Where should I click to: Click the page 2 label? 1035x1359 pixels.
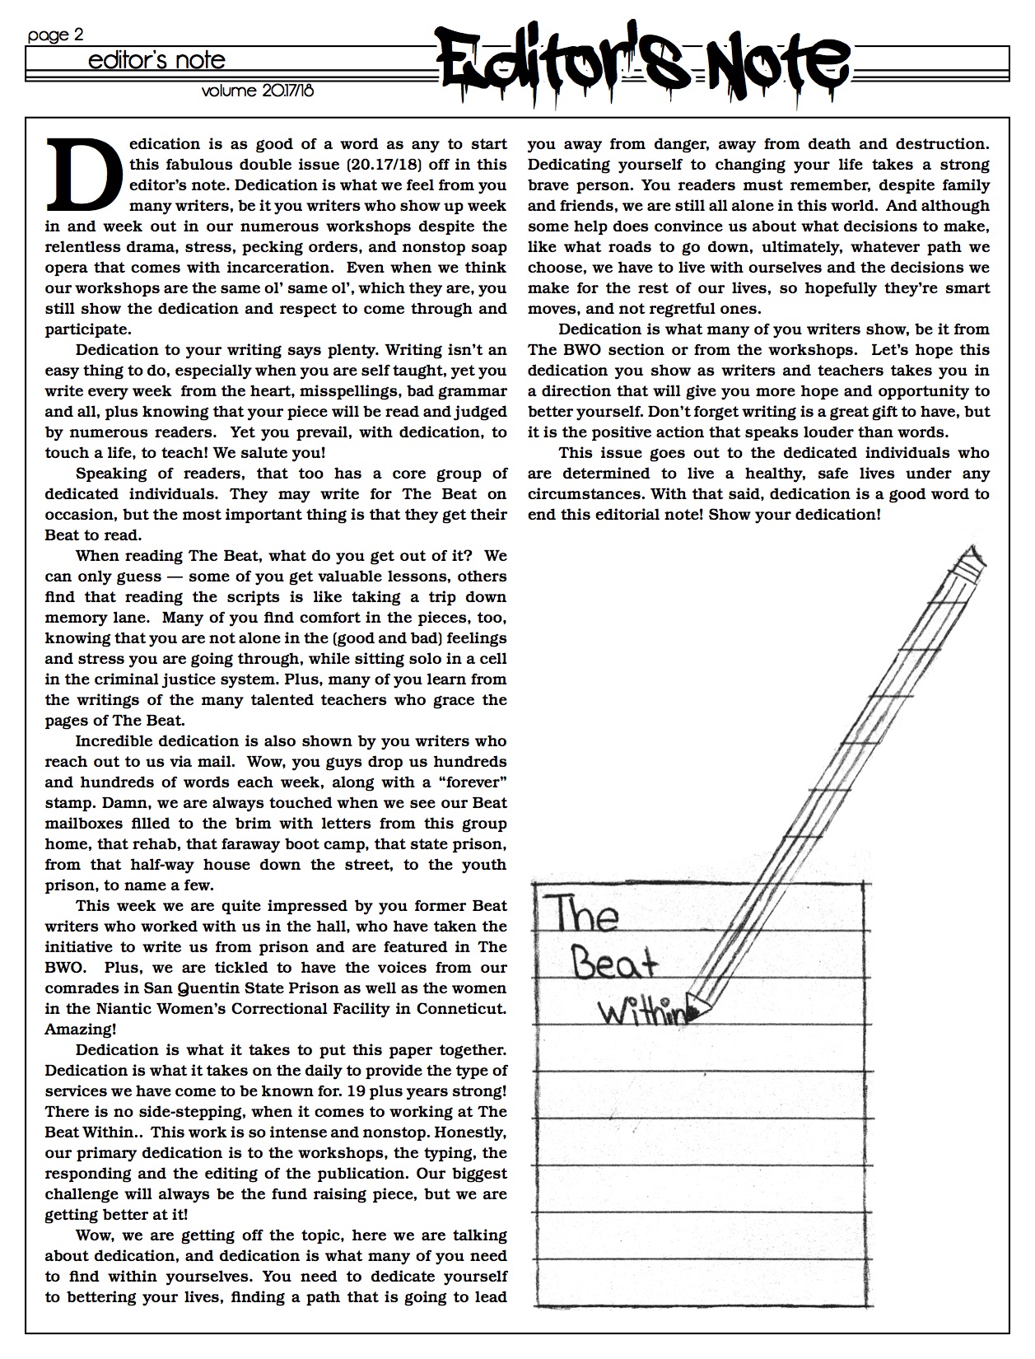click(55, 35)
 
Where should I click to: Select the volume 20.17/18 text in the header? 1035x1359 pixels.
click(257, 91)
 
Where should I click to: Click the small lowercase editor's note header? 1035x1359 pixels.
click(156, 61)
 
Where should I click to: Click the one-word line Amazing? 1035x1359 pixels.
click(81, 1030)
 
